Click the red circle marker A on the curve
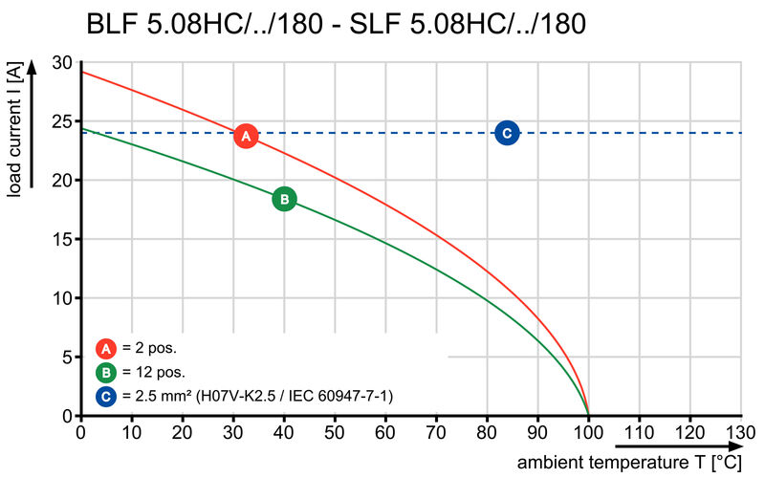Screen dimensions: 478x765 (246, 136)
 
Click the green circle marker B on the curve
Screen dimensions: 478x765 (284, 199)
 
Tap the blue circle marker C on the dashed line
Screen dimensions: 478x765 (507, 134)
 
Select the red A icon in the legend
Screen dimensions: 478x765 (106, 349)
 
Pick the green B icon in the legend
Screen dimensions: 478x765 (106, 372)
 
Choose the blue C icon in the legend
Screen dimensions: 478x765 (106, 395)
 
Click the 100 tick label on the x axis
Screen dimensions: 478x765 (588, 432)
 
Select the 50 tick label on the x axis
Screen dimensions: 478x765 (335, 432)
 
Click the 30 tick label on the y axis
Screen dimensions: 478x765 (62, 63)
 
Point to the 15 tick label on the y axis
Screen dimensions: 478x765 (62, 239)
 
